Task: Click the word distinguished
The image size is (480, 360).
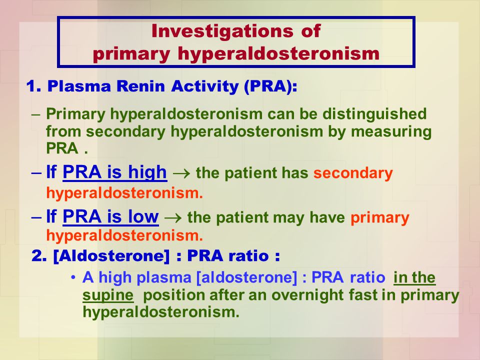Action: click(x=375, y=114)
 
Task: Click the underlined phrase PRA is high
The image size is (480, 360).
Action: click(x=115, y=172)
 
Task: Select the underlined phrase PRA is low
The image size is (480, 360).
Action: click(x=111, y=217)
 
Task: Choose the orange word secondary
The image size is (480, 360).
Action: click(x=353, y=173)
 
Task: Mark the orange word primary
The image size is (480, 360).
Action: click(x=380, y=218)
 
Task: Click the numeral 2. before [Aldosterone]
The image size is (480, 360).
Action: click(x=38, y=256)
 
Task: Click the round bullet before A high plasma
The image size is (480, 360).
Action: click(x=73, y=277)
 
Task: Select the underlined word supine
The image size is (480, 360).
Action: click(x=108, y=295)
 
